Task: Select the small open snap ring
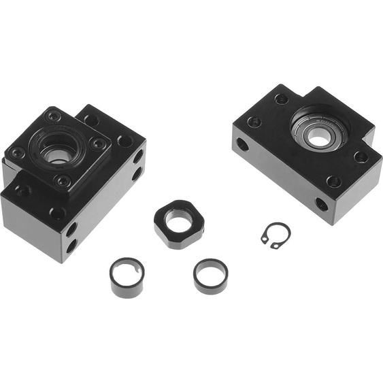(x=276, y=235)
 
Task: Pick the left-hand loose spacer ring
(x=127, y=277)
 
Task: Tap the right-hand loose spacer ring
(x=210, y=275)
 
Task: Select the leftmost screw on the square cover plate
(x=18, y=153)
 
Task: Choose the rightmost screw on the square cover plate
(x=99, y=144)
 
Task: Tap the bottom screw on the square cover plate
(x=63, y=180)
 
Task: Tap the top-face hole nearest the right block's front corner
(x=333, y=181)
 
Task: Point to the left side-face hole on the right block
(x=242, y=144)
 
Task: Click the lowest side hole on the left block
(x=71, y=245)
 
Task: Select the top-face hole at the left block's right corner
(x=124, y=141)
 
